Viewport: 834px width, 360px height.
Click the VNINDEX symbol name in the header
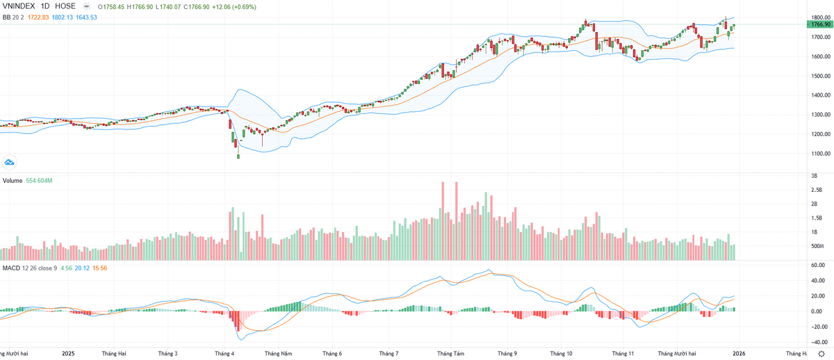(x=20, y=6)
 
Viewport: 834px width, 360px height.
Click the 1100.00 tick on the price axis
(x=819, y=154)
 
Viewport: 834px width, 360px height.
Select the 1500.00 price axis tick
(x=819, y=76)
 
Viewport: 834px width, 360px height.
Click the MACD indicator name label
(x=11, y=268)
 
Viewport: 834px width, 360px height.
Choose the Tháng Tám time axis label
(x=450, y=354)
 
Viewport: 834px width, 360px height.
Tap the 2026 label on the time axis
(x=739, y=354)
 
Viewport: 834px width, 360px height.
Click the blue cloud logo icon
(x=10, y=162)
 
